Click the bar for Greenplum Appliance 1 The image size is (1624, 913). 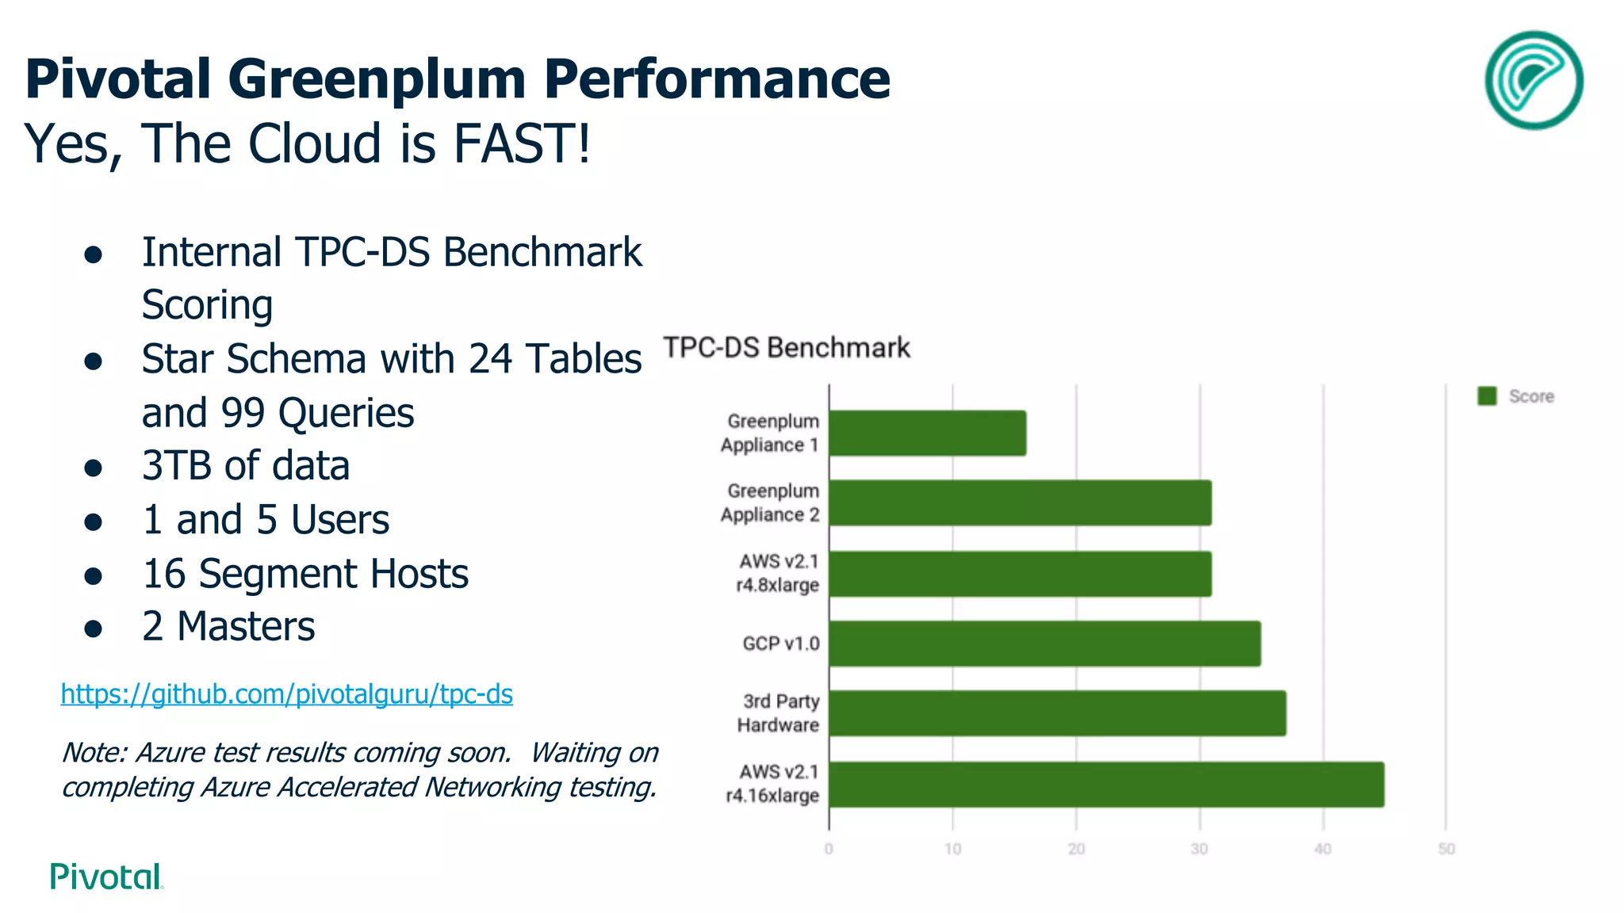pyautogui.click(x=928, y=434)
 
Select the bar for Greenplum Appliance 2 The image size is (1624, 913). pyautogui.click(x=1021, y=503)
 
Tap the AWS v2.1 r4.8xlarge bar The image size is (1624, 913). pyautogui.click(x=1021, y=574)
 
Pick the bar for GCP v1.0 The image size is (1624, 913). pyautogui.click(x=1045, y=644)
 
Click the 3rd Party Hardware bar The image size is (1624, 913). pyautogui.click(x=1058, y=713)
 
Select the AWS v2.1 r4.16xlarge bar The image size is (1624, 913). pyautogui.click(x=1107, y=785)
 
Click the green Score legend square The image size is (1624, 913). pyautogui.click(x=1487, y=396)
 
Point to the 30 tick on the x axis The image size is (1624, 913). pyautogui.click(x=1199, y=849)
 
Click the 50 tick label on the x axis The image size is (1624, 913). pyautogui.click(x=1446, y=849)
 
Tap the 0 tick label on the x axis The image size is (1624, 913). pyautogui.click(x=829, y=849)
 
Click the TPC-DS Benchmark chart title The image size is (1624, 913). pyautogui.click(x=787, y=348)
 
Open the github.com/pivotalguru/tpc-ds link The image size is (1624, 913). pyautogui.click(x=287, y=694)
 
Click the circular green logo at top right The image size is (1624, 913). pyautogui.click(x=1534, y=80)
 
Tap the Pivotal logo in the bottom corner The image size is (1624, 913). pyautogui.click(x=106, y=877)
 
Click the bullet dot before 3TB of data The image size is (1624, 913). pyautogui.click(x=94, y=468)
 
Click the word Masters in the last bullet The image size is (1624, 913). pyautogui.click(x=246, y=627)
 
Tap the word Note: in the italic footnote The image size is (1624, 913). pyautogui.click(x=94, y=752)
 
